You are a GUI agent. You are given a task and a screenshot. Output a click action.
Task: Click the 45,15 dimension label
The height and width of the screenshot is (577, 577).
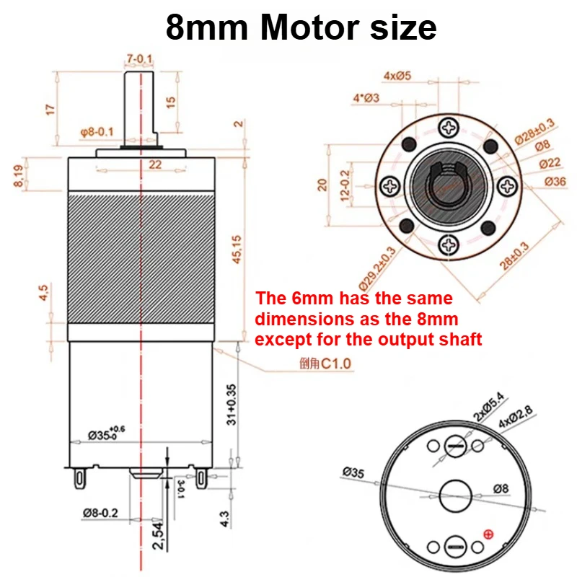237,250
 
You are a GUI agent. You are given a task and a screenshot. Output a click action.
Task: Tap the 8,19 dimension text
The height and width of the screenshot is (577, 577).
19,175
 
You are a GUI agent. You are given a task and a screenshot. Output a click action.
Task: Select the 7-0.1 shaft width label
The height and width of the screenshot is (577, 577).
139,58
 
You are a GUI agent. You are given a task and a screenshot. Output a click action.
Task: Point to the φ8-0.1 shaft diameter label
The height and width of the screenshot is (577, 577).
97,132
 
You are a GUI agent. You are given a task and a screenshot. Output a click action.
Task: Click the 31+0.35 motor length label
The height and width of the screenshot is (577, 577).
232,405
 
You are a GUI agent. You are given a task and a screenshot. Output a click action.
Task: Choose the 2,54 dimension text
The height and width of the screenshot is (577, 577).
158,536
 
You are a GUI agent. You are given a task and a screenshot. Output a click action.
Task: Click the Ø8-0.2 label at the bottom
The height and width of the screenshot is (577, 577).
100,513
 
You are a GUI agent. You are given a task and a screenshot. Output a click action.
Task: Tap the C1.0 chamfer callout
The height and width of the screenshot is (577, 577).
336,364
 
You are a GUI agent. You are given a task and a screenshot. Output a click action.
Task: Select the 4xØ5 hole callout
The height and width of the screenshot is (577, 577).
397,76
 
